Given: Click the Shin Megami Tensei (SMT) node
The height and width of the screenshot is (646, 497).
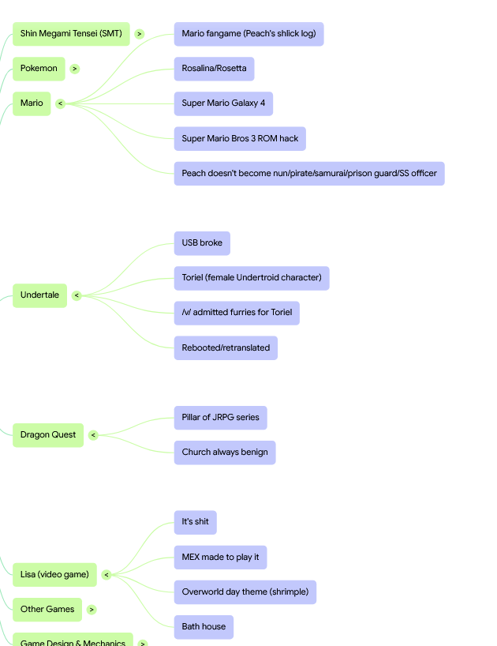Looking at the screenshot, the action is click(x=71, y=34).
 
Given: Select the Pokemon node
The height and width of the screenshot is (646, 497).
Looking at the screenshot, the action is click(x=39, y=69).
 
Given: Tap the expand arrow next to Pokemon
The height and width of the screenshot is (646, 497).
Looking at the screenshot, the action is click(x=74, y=69).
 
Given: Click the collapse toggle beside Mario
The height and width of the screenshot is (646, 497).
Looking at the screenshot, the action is click(x=61, y=103).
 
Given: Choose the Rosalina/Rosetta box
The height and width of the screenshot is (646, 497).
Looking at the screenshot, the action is click(x=214, y=69).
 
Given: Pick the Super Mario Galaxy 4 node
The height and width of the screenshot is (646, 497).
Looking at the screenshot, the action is click(x=223, y=103).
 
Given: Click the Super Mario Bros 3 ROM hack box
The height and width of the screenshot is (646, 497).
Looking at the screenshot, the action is click(x=240, y=139).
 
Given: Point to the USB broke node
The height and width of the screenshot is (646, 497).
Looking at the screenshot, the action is click(x=202, y=243).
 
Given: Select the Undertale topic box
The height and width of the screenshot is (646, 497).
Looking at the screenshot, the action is click(x=40, y=295).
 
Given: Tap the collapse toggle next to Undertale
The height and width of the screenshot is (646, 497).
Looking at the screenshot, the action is click(x=77, y=295).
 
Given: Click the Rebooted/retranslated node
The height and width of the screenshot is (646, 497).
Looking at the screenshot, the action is click(x=226, y=347).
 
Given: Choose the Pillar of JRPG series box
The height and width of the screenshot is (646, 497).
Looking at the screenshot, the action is click(x=221, y=418).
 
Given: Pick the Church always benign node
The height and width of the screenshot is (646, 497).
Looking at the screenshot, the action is click(x=225, y=453).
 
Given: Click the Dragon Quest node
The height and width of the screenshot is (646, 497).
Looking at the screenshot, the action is click(x=48, y=435).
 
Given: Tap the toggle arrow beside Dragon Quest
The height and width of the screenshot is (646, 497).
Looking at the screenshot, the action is click(x=93, y=435).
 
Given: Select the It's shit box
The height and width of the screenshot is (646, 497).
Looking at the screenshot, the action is click(x=196, y=522).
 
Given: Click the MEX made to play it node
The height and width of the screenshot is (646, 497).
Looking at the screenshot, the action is click(x=221, y=558).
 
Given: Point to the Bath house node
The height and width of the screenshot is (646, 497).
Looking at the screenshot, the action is click(x=204, y=627).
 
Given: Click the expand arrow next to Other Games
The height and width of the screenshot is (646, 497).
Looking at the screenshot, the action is click(x=92, y=610).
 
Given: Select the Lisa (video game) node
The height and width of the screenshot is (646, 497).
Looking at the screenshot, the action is click(x=54, y=575).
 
